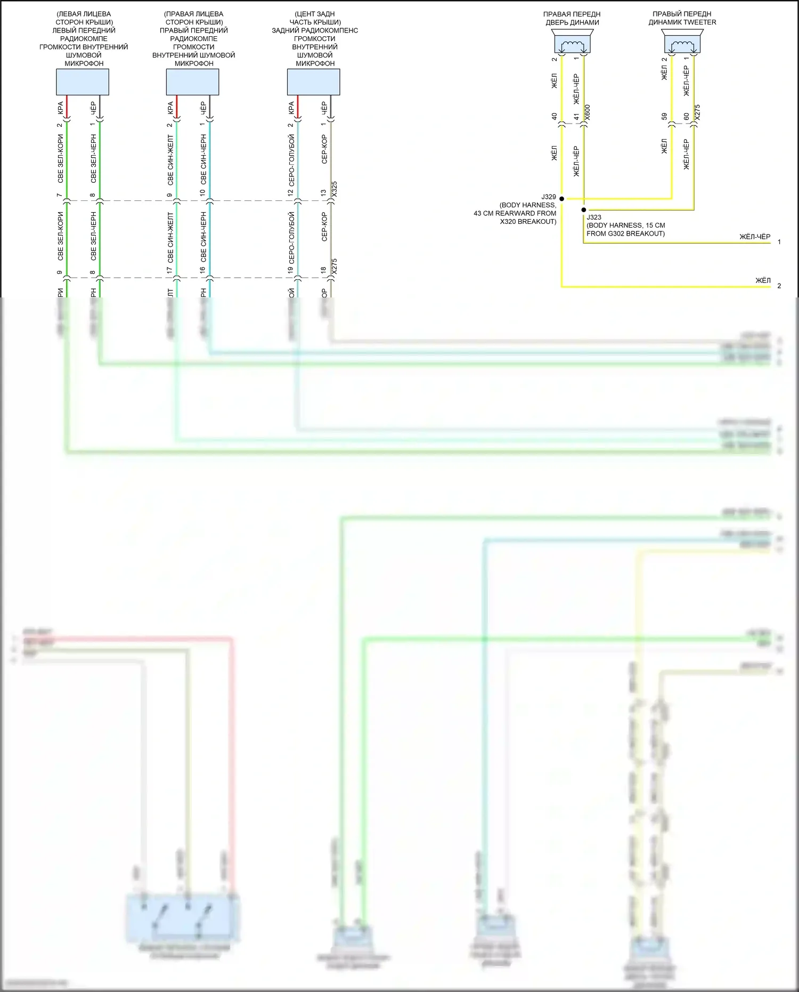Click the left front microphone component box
coord(83,82)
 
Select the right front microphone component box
coord(192,82)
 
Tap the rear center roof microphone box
coord(313,82)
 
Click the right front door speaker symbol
coord(573,42)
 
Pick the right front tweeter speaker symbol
coord(682,42)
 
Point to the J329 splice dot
coord(561,199)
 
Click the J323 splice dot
coord(584,210)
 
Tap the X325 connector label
coord(335,190)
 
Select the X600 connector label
coord(588,112)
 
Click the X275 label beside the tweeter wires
coord(698,112)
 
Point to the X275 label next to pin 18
coord(335,267)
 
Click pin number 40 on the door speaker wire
coord(554,116)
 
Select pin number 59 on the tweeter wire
coord(664,116)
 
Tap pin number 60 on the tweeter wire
coord(687,116)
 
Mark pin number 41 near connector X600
coord(576,116)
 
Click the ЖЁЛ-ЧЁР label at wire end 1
coord(755,237)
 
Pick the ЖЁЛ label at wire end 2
coord(763,280)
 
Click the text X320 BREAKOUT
coord(528,222)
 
